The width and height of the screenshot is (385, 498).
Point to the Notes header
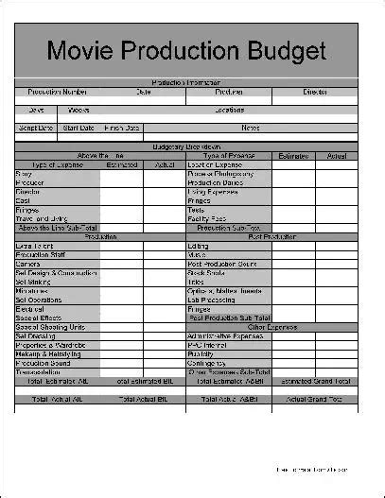coord(251,128)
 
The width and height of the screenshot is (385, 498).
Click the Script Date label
coord(36,128)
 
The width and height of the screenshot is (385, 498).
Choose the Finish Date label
coord(121,128)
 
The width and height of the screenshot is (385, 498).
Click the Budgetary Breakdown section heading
coord(186,146)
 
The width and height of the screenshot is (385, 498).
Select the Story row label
coord(24,174)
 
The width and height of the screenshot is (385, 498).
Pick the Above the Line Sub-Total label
coord(58,228)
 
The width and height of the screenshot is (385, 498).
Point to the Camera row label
coord(27,264)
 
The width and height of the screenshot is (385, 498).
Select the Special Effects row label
coord(39,318)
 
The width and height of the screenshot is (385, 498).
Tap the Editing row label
coord(199,246)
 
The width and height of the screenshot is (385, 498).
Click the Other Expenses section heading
coord(271,326)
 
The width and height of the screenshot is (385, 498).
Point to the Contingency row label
coord(207,362)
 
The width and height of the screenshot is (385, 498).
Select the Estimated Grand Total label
coord(315,381)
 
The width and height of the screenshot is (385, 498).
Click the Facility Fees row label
coord(207,218)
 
